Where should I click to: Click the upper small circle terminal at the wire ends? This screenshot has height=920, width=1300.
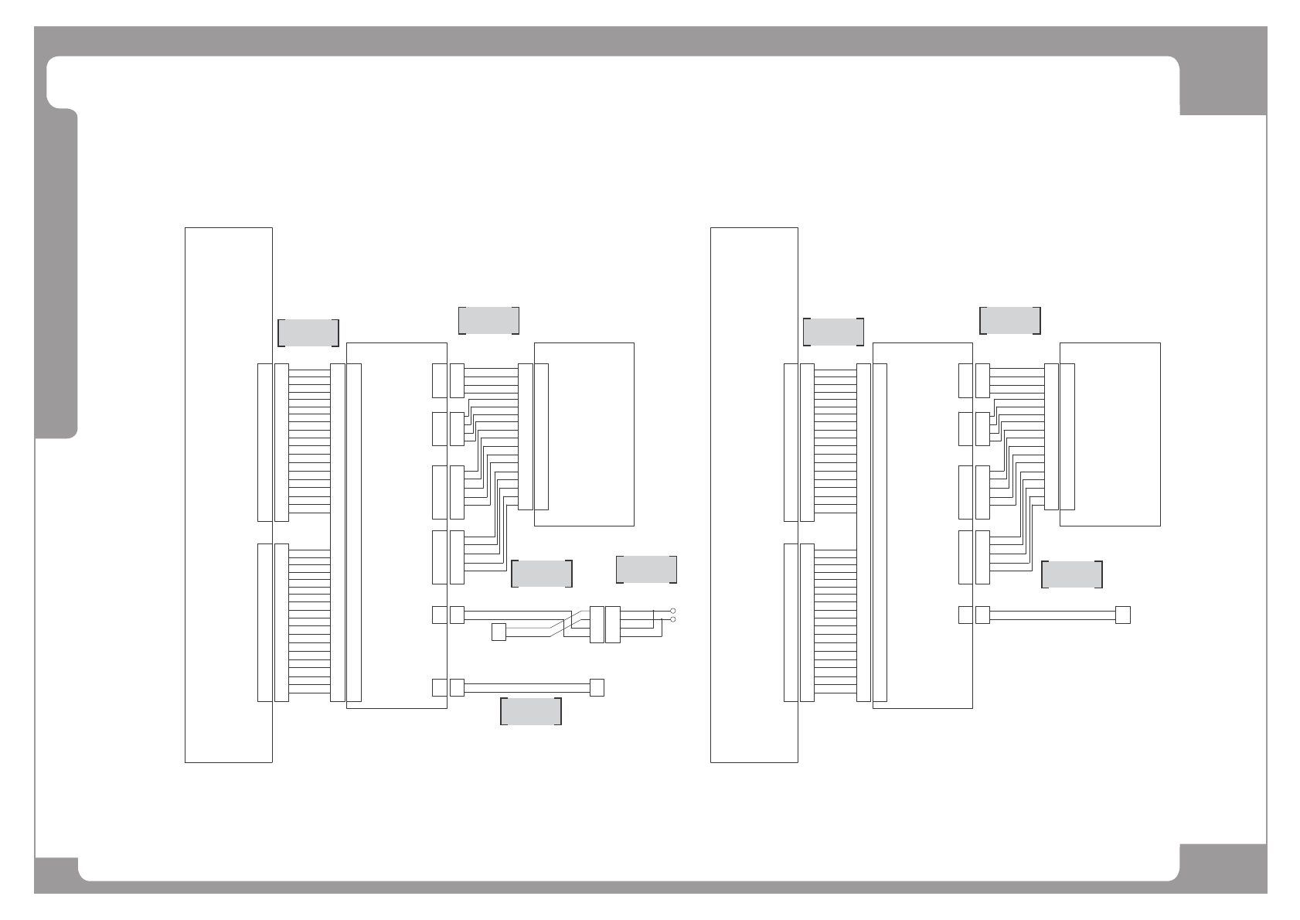pyautogui.click(x=673, y=611)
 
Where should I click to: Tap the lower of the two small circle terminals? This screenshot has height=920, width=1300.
pyautogui.click(x=673, y=620)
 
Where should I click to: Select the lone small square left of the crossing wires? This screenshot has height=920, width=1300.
pyautogui.click(x=499, y=632)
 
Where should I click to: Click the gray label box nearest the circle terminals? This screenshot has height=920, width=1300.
pyautogui.click(x=646, y=570)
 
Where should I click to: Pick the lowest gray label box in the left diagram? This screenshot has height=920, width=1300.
pyautogui.click(x=531, y=711)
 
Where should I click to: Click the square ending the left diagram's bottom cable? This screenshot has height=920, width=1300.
pyautogui.click(x=597, y=687)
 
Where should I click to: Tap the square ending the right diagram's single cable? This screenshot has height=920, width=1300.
pyautogui.click(x=1123, y=615)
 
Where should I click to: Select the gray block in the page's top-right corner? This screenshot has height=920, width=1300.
pyautogui.click(x=1223, y=85)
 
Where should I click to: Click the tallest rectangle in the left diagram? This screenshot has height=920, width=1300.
pyautogui.click(x=229, y=495)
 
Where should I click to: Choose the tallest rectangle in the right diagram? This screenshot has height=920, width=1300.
pyautogui.click(x=754, y=495)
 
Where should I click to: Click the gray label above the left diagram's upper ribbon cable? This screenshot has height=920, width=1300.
pyautogui.click(x=308, y=332)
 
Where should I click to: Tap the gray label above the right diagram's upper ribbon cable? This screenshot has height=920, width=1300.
pyautogui.click(x=834, y=332)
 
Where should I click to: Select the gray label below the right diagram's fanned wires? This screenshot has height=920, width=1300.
pyautogui.click(x=1072, y=574)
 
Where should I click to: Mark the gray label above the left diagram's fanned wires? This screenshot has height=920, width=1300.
pyautogui.click(x=488, y=321)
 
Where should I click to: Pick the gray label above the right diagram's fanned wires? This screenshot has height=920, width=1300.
pyautogui.click(x=1010, y=321)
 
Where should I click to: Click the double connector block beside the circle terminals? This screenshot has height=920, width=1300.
pyautogui.click(x=604, y=625)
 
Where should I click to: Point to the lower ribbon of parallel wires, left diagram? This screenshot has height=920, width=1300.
pyautogui.click(x=309, y=622)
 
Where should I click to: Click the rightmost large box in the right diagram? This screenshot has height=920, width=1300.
pyautogui.click(x=1110, y=434)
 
